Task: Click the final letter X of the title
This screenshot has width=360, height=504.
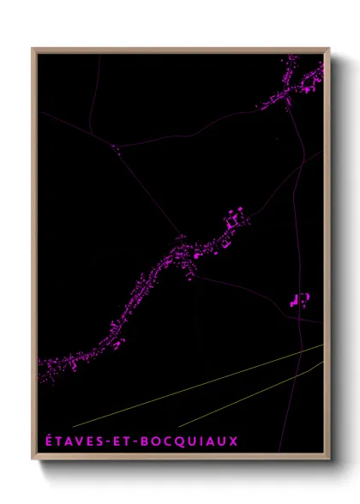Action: click(233, 441)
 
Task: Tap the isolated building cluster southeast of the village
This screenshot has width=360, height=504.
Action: click(299, 300)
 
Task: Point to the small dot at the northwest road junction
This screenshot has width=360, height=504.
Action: click(116, 147)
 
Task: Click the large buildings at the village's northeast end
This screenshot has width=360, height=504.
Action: click(234, 218)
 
